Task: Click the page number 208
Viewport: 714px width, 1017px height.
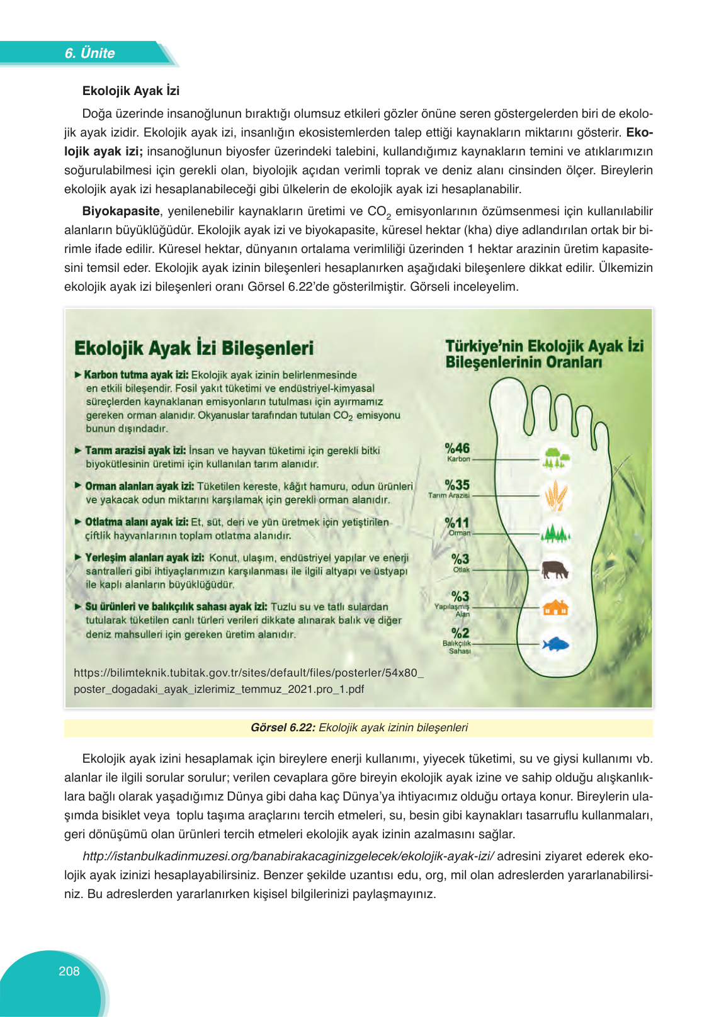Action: coord(69,971)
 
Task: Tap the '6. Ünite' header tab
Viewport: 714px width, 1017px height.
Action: coord(89,53)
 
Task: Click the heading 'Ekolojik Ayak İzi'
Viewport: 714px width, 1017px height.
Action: coord(131,91)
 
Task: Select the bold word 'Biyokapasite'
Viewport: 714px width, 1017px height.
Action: coord(121,211)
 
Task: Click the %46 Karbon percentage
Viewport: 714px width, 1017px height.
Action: coord(458,449)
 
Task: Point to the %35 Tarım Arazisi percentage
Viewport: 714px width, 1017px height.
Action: coord(458,485)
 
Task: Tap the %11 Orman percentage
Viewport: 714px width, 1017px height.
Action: coord(458,523)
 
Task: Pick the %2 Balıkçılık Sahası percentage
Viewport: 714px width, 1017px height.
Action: coord(460,633)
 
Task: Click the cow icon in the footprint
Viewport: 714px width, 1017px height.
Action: coord(555,570)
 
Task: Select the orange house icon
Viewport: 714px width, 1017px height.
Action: coord(555,607)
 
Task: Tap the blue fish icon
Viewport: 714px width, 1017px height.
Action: coord(555,644)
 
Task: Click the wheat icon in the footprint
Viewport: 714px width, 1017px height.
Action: coord(555,495)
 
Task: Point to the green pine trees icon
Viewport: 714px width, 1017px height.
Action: coord(555,534)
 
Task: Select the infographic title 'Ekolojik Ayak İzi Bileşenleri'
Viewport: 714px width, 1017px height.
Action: coord(194,349)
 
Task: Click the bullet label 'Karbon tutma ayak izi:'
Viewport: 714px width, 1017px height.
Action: coord(137,375)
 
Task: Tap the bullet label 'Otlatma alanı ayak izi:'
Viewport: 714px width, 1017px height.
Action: coord(137,522)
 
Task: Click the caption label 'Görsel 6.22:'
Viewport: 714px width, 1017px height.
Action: coord(283,728)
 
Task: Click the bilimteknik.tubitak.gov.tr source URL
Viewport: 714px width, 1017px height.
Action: coord(248,680)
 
